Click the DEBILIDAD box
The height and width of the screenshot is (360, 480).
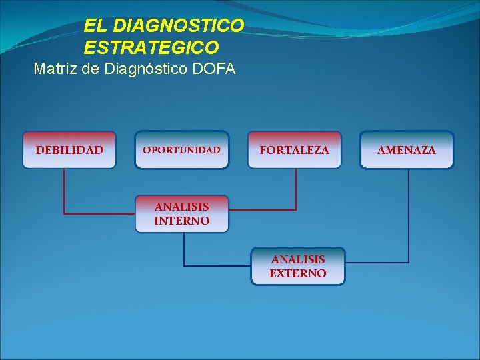(x=69, y=150)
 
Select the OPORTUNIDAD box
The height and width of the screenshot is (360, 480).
(x=181, y=150)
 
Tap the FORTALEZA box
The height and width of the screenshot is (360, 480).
(x=294, y=150)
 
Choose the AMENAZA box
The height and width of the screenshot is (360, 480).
(x=407, y=150)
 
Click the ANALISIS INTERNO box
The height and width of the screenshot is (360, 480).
(x=181, y=213)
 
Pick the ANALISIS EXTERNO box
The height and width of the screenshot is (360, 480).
(x=298, y=266)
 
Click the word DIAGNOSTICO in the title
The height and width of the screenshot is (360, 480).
(x=179, y=26)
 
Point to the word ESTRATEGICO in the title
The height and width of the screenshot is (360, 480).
(x=151, y=47)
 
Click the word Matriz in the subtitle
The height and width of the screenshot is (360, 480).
(x=56, y=68)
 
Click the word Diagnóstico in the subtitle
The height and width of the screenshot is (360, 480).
(x=143, y=68)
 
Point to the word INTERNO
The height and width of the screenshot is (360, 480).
(x=181, y=221)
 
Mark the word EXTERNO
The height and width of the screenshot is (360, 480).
(x=298, y=273)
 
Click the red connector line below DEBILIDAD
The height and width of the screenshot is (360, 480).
(x=64, y=193)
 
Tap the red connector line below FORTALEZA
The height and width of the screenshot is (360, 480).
(x=295, y=190)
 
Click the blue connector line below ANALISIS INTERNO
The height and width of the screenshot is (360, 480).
(x=185, y=250)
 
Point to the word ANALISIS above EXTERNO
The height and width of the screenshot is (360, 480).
(x=298, y=259)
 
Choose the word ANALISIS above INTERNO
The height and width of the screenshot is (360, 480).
(x=181, y=207)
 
